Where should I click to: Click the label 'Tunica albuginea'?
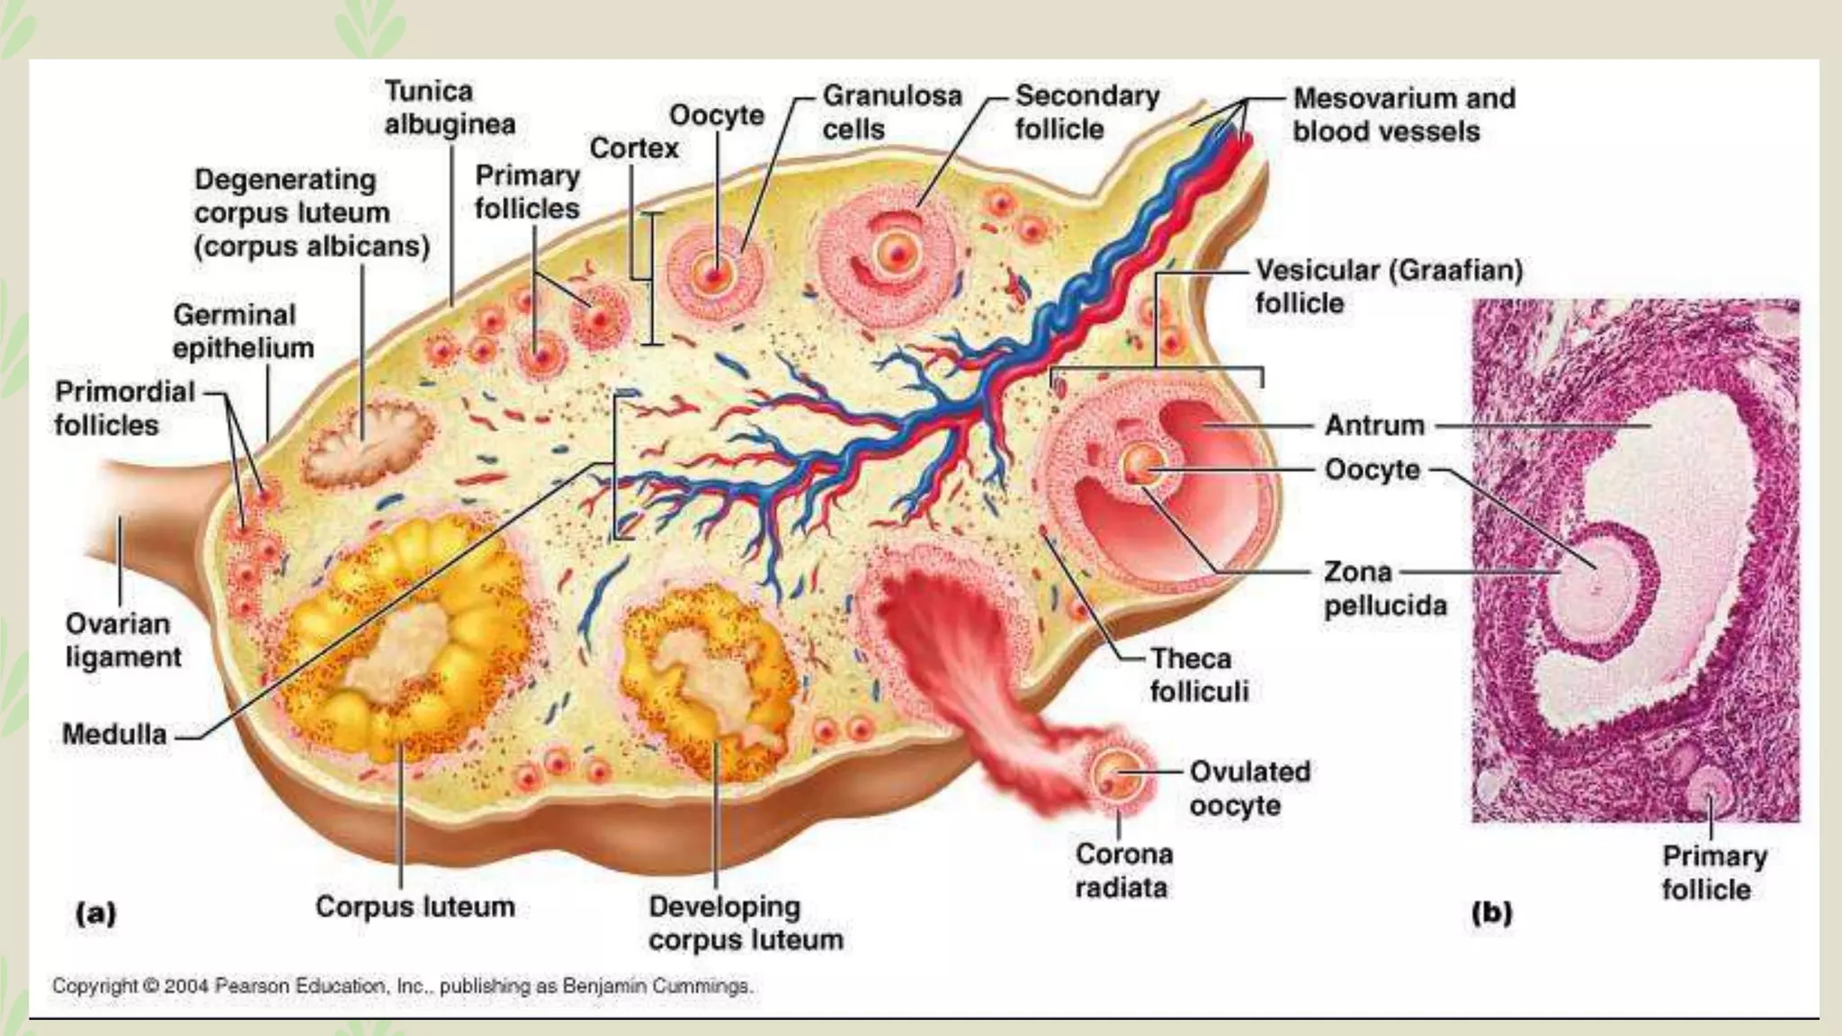tap(450, 108)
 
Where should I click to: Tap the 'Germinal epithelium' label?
tap(243, 331)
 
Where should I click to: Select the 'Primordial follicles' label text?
tap(124, 408)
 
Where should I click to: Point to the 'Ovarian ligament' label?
tap(123, 640)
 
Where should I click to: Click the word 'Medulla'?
tap(114, 735)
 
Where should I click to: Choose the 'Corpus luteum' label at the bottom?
tap(415, 906)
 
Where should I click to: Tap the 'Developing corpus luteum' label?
tap(746, 923)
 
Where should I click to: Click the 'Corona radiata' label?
tap(1123, 871)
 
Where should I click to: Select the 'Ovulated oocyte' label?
tap(1249, 788)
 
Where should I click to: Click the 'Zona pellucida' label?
tap(1384, 588)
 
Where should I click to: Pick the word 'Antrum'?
tap(1374, 425)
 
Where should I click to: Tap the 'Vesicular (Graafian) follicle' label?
tap(1389, 286)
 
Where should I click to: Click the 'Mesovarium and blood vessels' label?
tap(1403, 114)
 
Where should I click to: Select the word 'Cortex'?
tap(634, 147)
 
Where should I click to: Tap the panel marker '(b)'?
tap(1491, 913)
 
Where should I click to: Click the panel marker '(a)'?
tap(95, 914)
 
